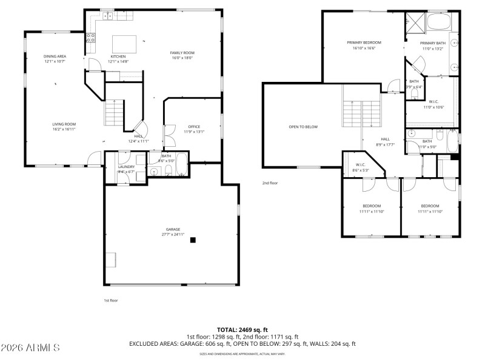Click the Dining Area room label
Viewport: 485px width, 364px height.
55,56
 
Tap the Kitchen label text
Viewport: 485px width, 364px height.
118,56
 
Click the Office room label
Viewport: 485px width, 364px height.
194,126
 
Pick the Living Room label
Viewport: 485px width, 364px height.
64,124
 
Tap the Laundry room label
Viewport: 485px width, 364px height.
126,166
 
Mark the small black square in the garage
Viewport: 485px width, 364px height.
193,240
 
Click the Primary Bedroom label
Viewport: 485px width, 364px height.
364,42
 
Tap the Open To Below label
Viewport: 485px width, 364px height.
303,127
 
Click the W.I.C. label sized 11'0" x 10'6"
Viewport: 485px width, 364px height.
433,101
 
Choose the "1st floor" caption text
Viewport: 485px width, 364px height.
110,300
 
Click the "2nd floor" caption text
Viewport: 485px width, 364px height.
270,183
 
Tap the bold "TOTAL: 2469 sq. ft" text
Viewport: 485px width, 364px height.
242,329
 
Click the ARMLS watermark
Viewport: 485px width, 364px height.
30,348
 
